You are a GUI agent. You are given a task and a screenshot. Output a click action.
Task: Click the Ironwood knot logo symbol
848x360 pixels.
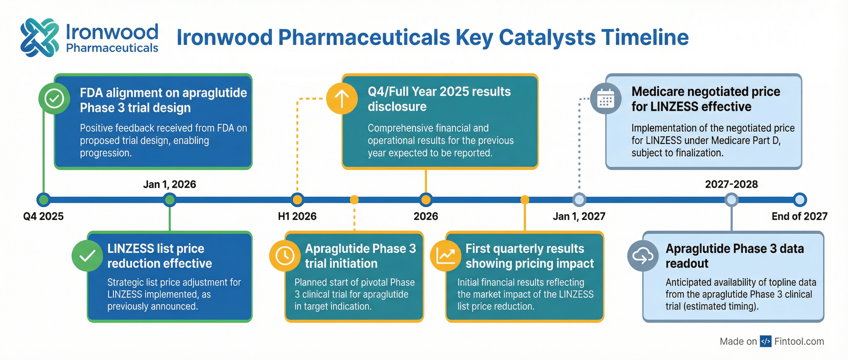click(40, 37)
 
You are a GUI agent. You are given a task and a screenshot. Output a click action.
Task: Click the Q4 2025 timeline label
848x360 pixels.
click(43, 216)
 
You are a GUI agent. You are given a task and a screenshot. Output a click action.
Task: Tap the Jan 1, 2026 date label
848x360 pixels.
click(169, 184)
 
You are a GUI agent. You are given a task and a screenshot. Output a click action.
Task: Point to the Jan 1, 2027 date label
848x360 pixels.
click(579, 216)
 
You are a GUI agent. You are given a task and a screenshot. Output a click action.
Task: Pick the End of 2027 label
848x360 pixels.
click(799, 216)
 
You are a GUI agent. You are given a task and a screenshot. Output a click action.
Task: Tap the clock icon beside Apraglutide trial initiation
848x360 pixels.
click(285, 256)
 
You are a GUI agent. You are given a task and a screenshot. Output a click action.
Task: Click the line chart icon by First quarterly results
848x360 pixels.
click(445, 256)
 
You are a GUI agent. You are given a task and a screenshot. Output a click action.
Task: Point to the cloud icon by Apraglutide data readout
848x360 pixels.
click(643, 256)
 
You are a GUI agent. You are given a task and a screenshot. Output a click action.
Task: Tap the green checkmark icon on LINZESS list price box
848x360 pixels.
click(87, 256)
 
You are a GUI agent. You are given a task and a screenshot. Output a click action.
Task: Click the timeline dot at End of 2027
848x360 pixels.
click(800, 200)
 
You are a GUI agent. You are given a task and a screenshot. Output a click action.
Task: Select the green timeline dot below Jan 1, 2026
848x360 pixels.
click(169, 200)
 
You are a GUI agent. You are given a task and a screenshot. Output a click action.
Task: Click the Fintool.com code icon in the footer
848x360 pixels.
click(765, 342)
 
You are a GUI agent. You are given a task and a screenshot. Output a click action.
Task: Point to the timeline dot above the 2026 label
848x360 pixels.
click(426, 200)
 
